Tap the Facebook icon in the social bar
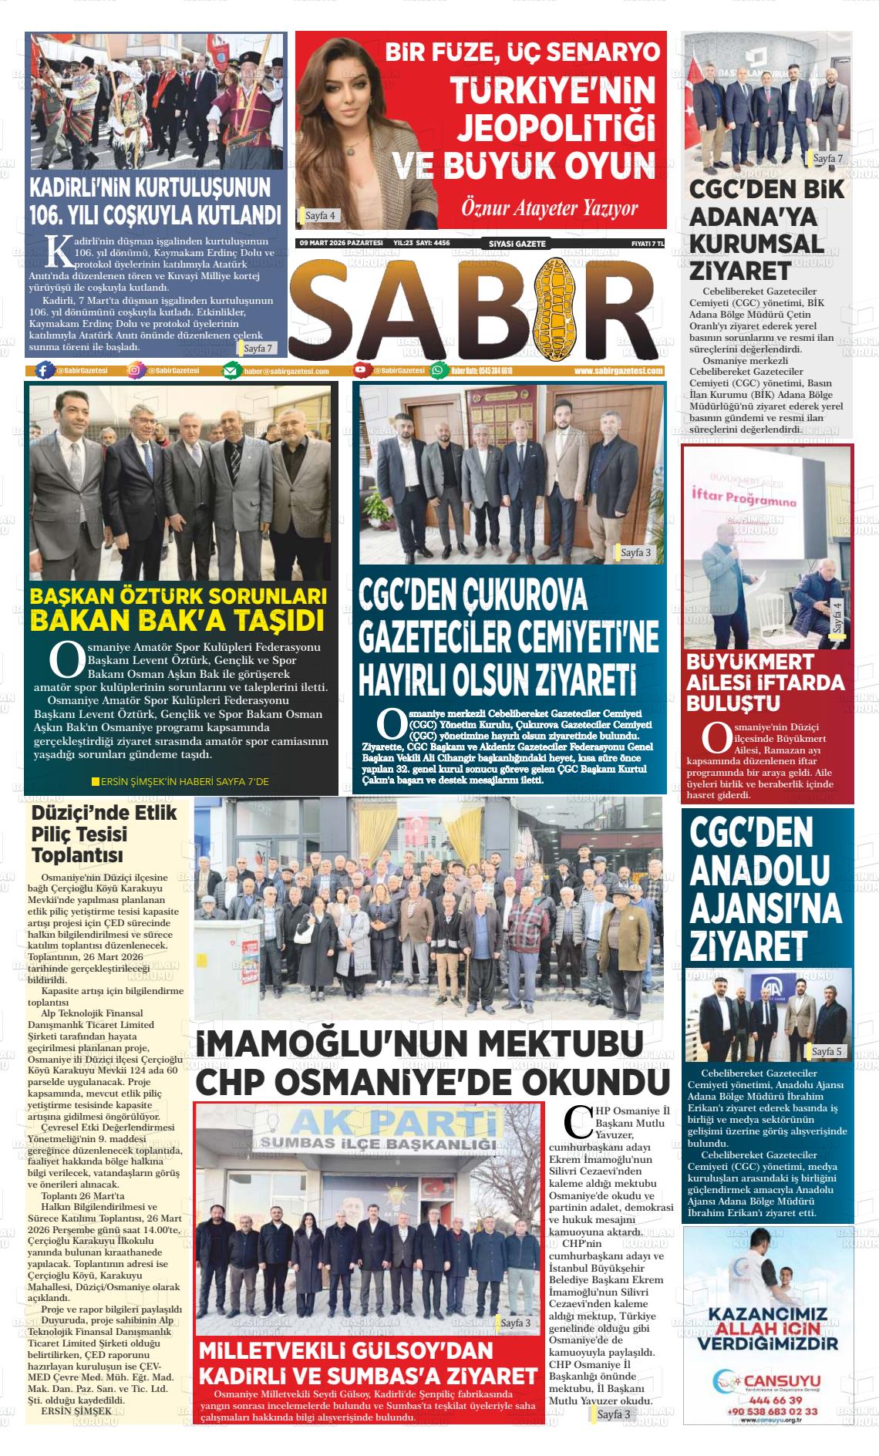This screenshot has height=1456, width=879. click(x=45, y=370)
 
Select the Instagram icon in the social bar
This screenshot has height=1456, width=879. click(x=136, y=370)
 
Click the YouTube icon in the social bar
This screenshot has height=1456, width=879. click(x=361, y=370)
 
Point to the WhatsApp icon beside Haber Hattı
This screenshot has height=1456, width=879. click(x=439, y=370)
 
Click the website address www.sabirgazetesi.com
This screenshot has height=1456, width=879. click(x=618, y=371)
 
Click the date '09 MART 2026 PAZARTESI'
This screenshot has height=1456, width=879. click(x=341, y=243)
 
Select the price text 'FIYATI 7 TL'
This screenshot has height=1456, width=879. click(x=647, y=244)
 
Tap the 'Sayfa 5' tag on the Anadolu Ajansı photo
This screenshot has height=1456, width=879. click(x=827, y=1051)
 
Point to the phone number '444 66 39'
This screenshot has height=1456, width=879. click(x=769, y=1400)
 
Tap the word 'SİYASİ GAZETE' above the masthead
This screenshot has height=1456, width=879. click(x=517, y=244)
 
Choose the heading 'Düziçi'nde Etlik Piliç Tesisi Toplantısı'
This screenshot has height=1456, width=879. click(x=104, y=834)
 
